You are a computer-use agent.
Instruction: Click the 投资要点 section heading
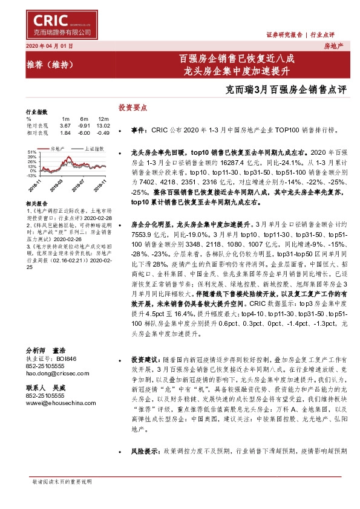pyautogui.click(x=132, y=107)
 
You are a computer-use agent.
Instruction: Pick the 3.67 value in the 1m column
pyautogui.click(x=66, y=125)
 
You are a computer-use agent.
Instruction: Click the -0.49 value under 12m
pyautogui.click(x=103, y=132)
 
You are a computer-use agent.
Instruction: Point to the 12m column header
pyautogui.click(x=103, y=118)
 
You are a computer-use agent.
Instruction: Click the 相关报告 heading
pyautogui.click(x=36, y=204)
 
